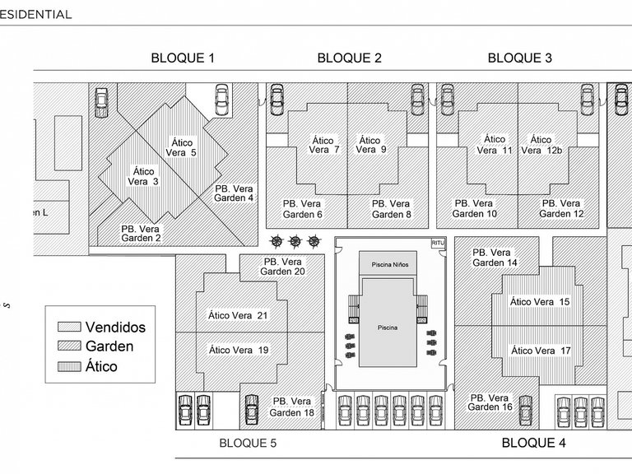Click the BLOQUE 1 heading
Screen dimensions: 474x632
coord(183,58)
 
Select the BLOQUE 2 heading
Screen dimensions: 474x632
coord(349,58)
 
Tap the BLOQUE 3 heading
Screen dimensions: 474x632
coord(519,58)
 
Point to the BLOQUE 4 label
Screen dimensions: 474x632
coord(533,443)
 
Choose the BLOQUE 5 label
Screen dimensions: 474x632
coord(248,443)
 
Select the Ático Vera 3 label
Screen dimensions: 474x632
coord(143,176)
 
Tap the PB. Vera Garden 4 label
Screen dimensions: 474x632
coord(234,193)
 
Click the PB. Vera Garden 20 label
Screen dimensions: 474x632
coord(282,266)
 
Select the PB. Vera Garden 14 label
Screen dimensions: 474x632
coord(495,257)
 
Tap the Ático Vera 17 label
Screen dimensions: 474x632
coord(541,350)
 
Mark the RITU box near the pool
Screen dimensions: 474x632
coord(437,244)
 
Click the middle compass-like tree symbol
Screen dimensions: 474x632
coord(295,241)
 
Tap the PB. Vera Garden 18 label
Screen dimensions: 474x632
coord(292,407)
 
